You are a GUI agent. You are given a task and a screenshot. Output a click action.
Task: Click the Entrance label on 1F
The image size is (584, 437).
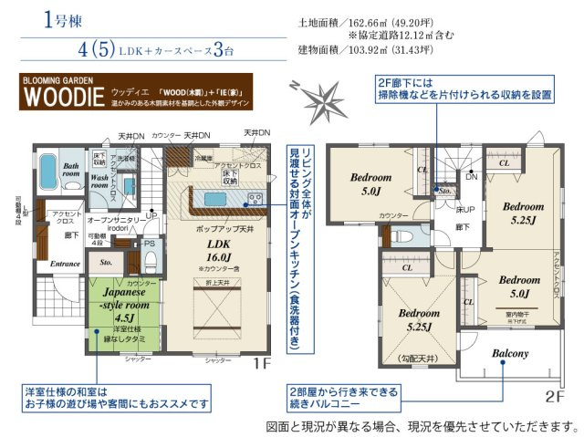pos(65,264)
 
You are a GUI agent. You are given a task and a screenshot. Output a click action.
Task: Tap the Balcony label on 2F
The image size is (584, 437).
pos(510,352)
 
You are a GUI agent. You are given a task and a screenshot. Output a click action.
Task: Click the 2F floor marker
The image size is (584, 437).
pos(556,396)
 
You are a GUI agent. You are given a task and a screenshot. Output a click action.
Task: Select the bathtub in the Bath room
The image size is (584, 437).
pos(51,177)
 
